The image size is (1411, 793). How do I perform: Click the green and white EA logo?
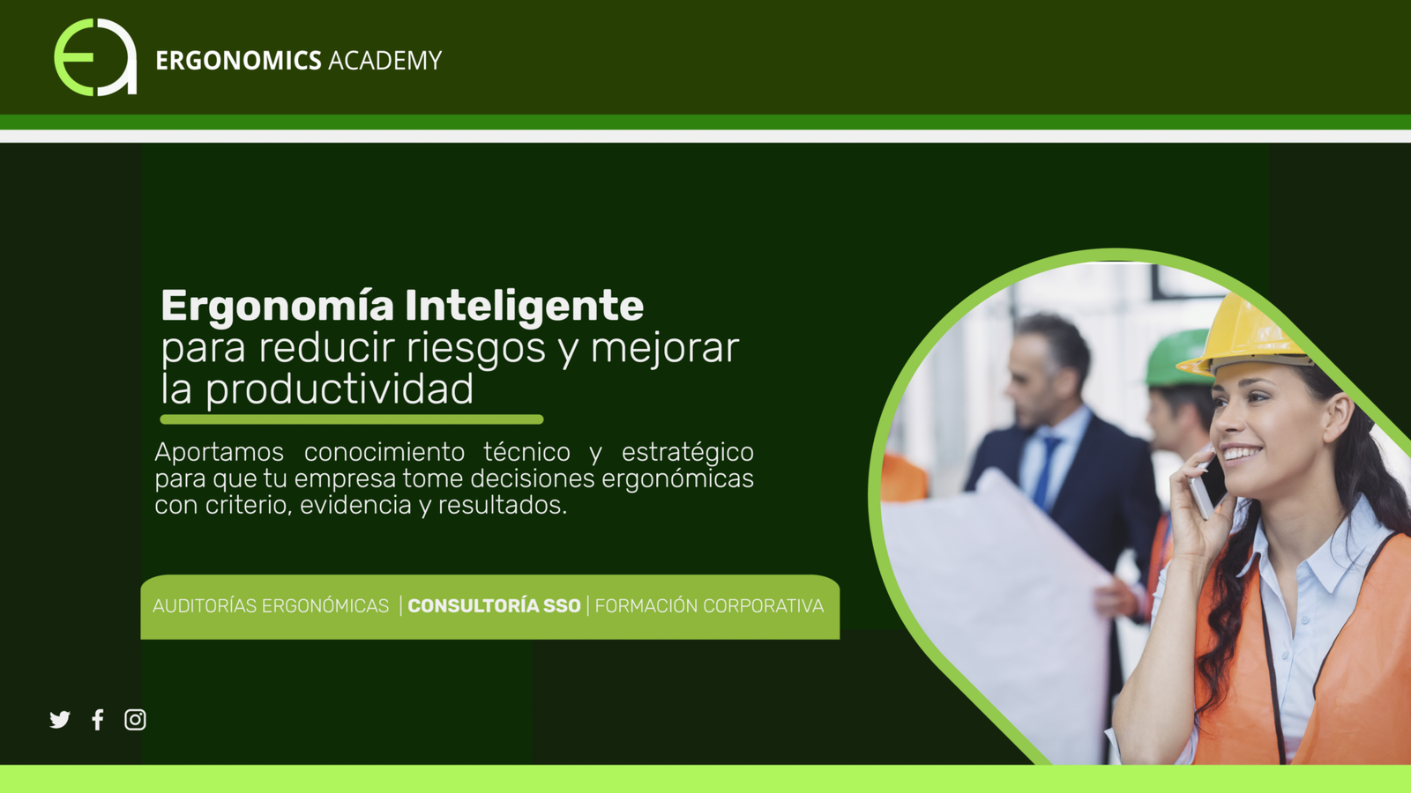(95, 57)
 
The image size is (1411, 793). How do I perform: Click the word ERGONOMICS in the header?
(238, 61)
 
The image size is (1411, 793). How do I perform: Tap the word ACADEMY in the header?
(384, 61)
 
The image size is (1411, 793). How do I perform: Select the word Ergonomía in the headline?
(277, 307)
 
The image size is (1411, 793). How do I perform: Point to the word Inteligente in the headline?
(524, 307)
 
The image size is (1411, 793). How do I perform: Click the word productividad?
(340, 389)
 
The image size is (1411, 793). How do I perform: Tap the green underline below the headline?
(352, 419)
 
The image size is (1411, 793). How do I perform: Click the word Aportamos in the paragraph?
(220, 453)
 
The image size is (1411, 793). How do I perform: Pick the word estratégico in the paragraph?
(688, 453)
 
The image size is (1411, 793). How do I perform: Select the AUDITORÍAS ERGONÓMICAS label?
(271, 606)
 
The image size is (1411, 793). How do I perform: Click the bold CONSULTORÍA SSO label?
(494, 606)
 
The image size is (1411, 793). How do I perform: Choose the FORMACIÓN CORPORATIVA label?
(709, 606)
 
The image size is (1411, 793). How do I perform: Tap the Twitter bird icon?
(60, 719)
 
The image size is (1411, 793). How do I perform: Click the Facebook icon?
(98, 719)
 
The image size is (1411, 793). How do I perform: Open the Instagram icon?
(135, 719)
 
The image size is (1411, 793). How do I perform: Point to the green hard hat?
(1176, 359)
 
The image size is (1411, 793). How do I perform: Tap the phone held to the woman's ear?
(1207, 488)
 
